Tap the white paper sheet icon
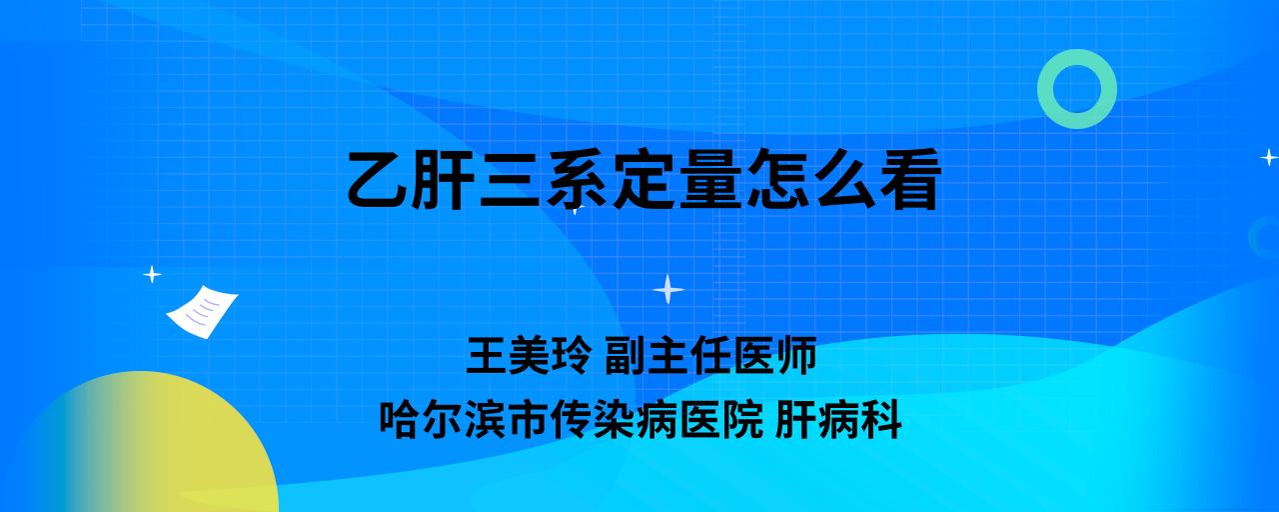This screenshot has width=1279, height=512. click(202, 312)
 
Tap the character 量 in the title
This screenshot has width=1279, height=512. click(710, 179)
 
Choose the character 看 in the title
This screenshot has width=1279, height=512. click(909, 179)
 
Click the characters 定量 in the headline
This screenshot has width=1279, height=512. click(677, 179)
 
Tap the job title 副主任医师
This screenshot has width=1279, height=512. click(710, 355)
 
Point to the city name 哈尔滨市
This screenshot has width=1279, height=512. click(464, 420)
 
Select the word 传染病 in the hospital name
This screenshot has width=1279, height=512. click(615, 420)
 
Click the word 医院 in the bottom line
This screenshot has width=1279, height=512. click(721, 420)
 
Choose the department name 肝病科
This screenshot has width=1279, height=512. click(838, 420)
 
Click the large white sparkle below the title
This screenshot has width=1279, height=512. click(668, 289)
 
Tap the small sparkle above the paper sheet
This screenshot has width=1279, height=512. click(152, 275)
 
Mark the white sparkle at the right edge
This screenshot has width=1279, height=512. click(1269, 157)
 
